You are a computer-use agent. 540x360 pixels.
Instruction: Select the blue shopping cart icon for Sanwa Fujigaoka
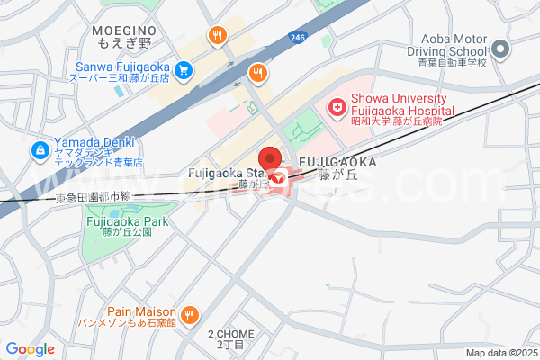point(184,67)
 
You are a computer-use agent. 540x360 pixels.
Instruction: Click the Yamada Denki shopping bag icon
point(40,149)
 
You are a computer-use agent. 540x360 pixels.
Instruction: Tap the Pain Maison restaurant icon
point(189,314)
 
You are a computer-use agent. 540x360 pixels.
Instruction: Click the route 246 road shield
point(298,37)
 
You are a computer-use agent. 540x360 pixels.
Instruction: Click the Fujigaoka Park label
point(127,226)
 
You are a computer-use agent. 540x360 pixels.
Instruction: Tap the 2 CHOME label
point(231,338)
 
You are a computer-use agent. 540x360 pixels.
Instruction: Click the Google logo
point(30,349)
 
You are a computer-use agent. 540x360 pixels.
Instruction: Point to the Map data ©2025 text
point(501,353)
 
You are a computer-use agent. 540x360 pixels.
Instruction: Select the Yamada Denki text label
point(94,148)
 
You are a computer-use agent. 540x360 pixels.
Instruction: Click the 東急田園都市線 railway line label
point(93,196)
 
